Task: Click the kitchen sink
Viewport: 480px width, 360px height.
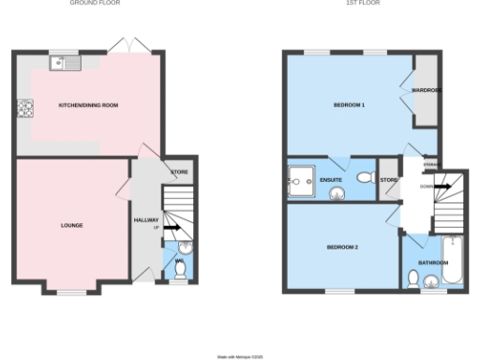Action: (67, 64)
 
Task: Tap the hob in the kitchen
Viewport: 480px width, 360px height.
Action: (22, 108)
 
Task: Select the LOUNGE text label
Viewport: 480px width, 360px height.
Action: (71, 226)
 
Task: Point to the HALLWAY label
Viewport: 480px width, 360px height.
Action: (146, 221)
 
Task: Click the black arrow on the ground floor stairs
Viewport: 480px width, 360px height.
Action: (172, 227)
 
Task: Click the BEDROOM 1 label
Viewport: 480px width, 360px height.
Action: (349, 105)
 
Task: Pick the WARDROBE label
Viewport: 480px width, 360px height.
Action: (426, 90)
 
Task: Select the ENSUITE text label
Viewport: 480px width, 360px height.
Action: (331, 178)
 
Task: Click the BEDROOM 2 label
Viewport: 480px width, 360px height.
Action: (342, 247)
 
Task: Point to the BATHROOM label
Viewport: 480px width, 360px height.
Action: (433, 262)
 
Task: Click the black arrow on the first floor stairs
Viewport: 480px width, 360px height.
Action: (442, 187)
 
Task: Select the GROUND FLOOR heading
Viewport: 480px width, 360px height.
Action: (94, 4)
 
